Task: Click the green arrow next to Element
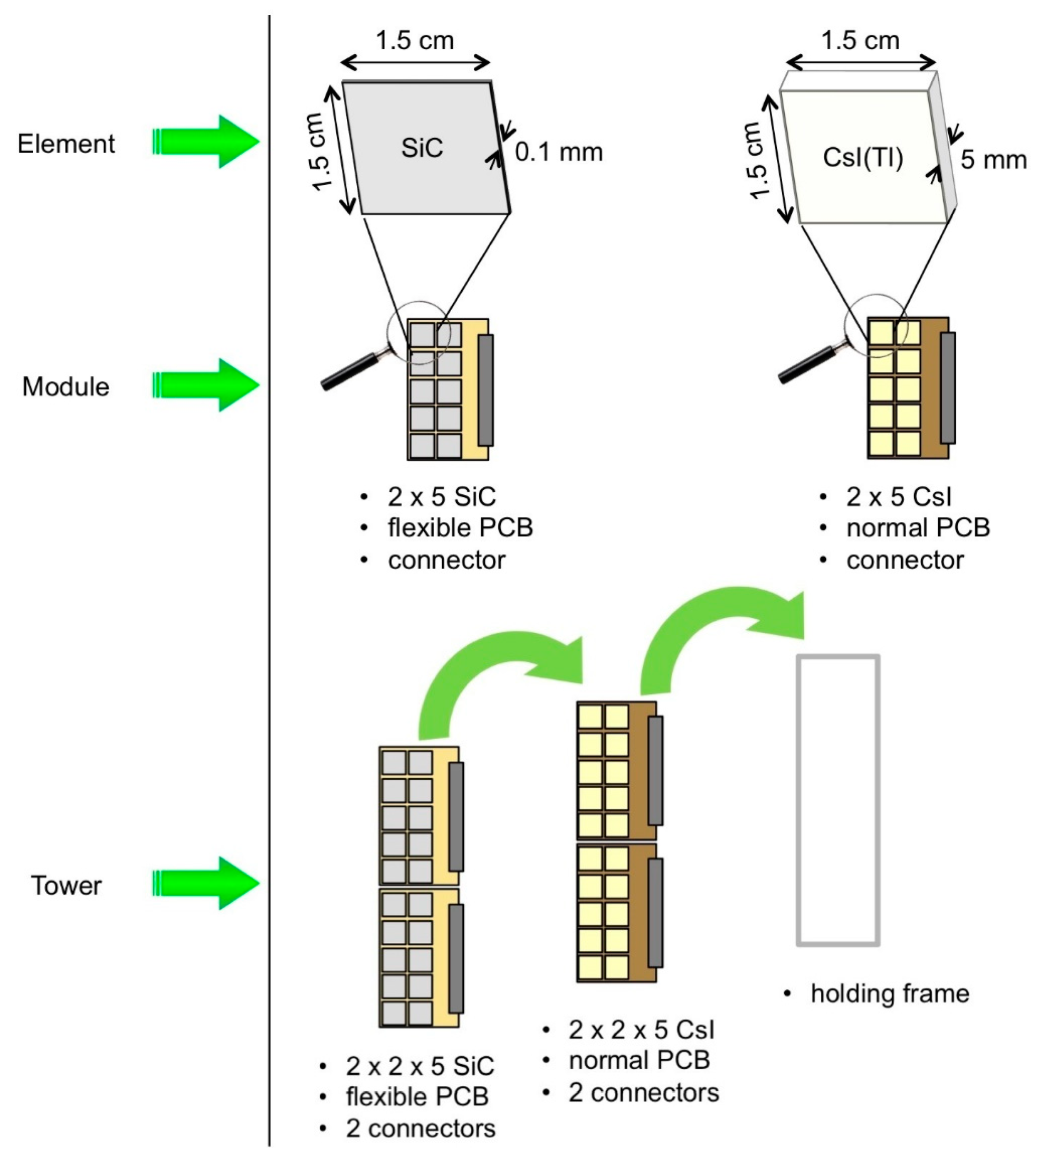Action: click(206, 141)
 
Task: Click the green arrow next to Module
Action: click(206, 385)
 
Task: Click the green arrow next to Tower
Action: click(206, 883)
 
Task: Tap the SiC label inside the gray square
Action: click(422, 148)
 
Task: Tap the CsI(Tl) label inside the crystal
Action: click(863, 158)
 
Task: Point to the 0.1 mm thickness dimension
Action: click(558, 152)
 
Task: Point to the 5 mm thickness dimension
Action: click(993, 160)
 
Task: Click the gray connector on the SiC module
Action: click(485, 390)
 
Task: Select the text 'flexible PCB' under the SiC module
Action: click(460, 528)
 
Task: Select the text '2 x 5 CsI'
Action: click(899, 496)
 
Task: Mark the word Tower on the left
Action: click(66, 885)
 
